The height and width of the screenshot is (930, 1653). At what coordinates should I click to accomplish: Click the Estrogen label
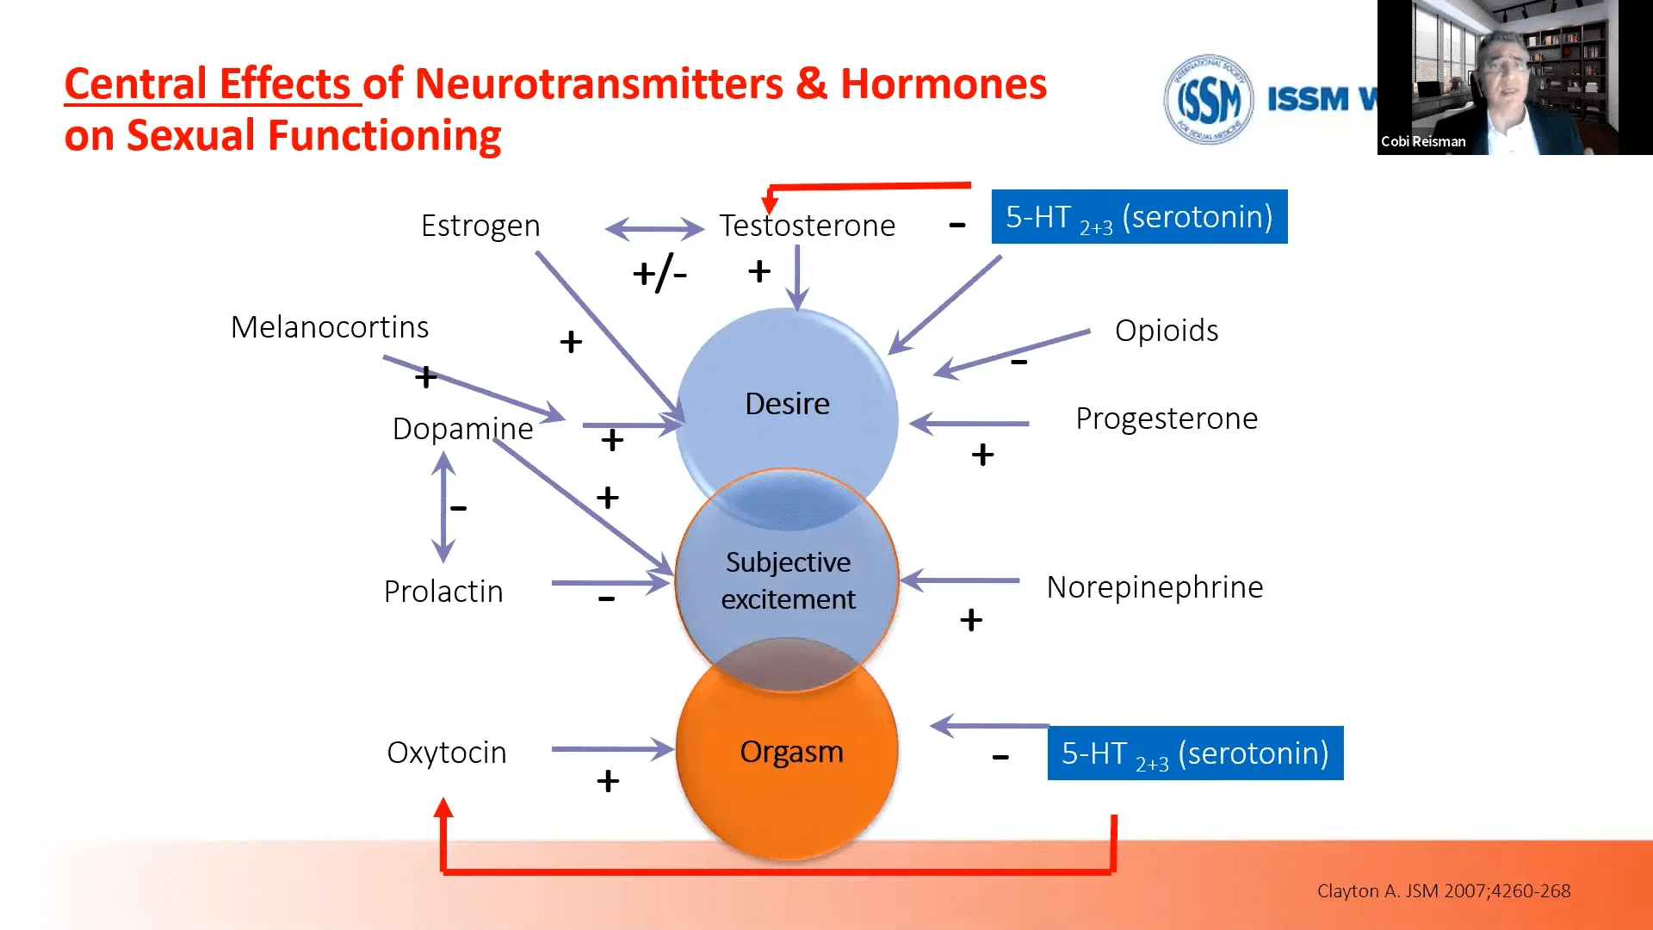pyautogui.click(x=480, y=226)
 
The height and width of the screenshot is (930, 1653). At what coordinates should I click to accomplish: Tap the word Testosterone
pyautogui.click(x=807, y=226)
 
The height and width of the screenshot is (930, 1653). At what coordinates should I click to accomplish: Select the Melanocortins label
pyautogui.click(x=330, y=327)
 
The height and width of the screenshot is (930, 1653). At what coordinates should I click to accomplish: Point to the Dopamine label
pyautogui.click(x=462, y=429)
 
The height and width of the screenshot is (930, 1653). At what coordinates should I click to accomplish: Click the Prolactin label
pyautogui.click(x=443, y=592)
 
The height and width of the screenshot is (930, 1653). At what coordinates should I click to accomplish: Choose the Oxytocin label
pyautogui.click(x=447, y=753)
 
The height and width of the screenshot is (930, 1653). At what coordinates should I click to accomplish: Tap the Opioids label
pyautogui.click(x=1167, y=331)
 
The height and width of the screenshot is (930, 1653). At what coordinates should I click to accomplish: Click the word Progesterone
pyautogui.click(x=1167, y=418)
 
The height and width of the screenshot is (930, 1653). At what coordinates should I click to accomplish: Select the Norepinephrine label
pyautogui.click(x=1155, y=587)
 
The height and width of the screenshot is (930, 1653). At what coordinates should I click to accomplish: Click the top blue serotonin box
pyautogui.click(x=1139, y=217)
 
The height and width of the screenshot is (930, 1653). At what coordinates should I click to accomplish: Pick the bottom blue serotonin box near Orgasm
pyautogui.click(x=1195, y=753)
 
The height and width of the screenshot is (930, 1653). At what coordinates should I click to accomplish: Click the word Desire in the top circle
pyautogui.click(x=787, y=404)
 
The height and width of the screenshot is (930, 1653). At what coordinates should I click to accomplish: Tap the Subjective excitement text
pyautogui.click(x=788, y=580)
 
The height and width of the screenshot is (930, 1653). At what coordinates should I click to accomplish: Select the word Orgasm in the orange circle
pyautogui.click(x=791, y=752)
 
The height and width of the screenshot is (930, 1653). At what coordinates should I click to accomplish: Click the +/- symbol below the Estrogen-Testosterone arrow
pyautogui.click(x=659, y=275)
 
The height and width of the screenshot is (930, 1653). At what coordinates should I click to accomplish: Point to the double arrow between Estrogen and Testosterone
pyautogui.click(x=654, y=229)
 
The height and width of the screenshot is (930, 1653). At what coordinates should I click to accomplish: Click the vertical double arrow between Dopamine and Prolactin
pyautogui.click(x=443, y=507)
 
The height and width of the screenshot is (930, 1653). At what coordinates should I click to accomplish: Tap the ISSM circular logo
pyautogui.click(x=1209, y=100)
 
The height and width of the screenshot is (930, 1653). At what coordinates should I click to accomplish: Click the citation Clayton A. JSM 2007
pyautogui.click(x=1443, y=891)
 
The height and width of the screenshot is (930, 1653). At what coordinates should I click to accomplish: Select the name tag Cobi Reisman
pyautogui.click(x=1423, y=142)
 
